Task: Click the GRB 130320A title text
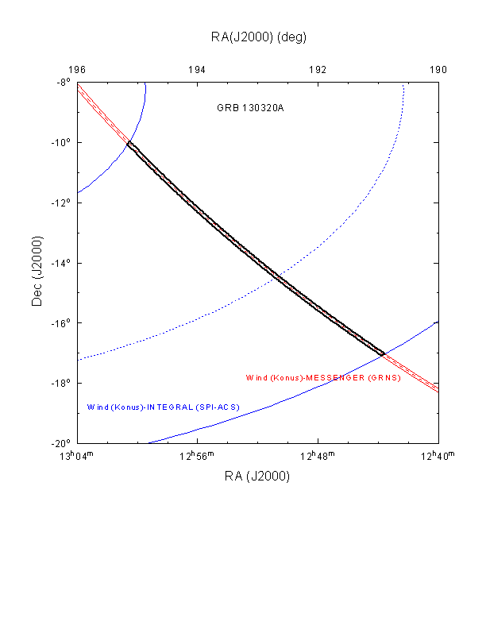(x=250, y=108)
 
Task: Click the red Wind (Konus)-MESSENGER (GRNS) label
(x=323, y=377)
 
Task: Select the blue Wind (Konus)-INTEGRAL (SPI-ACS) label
(x=163, y=407)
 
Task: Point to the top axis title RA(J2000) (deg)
(x=258, y=37)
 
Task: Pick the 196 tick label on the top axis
(x=78, y=70)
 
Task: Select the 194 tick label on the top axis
(x=198, y=70)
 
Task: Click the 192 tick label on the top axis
(x=318, y=70)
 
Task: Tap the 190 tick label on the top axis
(x=438, y=70)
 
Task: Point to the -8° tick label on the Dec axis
(x=63, y=83)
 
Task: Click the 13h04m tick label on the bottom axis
(x=78, y=455)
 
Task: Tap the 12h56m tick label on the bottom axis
(x=198, y=455)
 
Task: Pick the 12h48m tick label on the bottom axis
(x=318, y=455)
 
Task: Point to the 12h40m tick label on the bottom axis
(x=438, y=455)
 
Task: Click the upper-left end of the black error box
(x=129, y=144)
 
